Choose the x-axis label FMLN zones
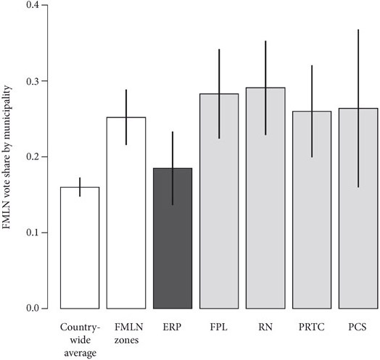pos(126,332)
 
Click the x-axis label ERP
pos(173,326)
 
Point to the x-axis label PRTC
pos(312,326)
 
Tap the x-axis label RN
pos(265,326)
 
